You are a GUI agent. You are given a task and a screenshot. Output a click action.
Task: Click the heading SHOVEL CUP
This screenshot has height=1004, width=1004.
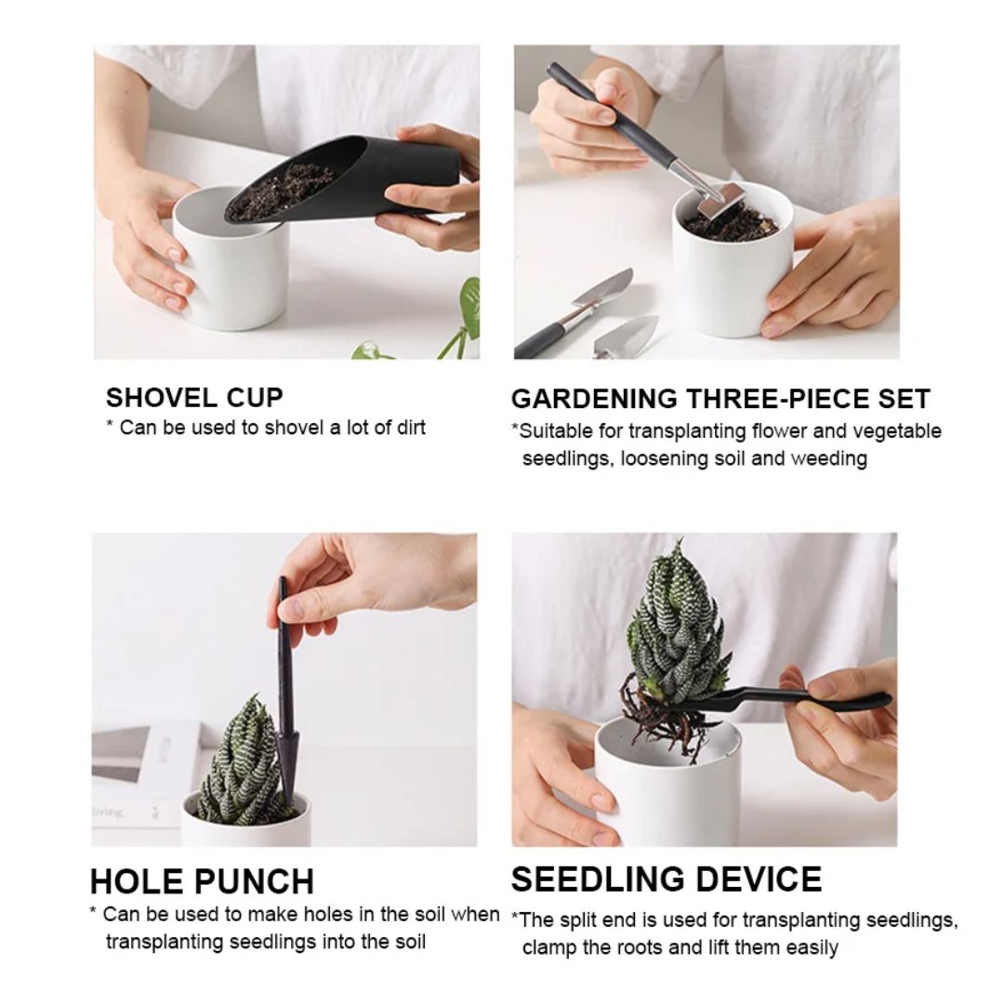point(194,398)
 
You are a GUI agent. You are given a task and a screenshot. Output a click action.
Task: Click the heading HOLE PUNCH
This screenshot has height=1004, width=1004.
point(202,880)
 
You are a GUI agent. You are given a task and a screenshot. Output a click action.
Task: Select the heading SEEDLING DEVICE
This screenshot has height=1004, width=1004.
point(667,878)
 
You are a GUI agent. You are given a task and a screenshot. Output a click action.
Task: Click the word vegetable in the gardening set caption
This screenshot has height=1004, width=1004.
point(896,430)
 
